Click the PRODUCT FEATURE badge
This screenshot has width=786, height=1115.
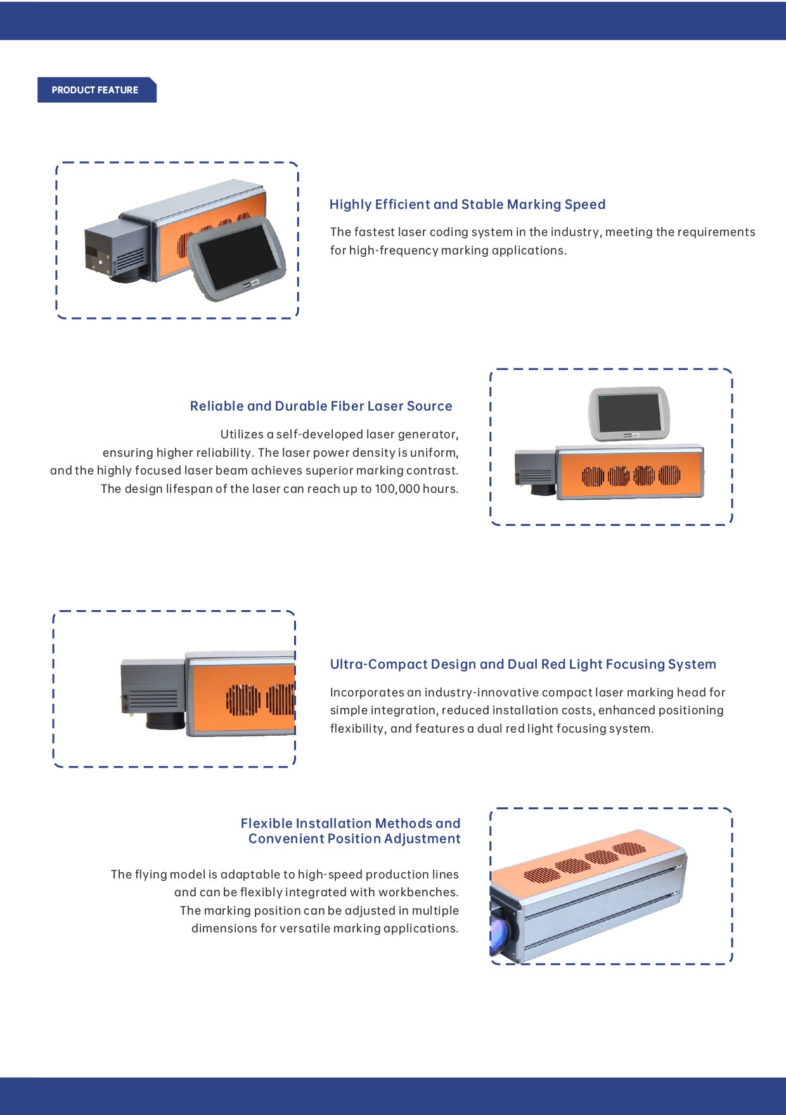click(x=95, y=90)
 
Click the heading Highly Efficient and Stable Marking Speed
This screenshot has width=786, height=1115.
click(x=467, y=204)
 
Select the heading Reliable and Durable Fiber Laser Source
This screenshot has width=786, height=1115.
click(x=321, y=406)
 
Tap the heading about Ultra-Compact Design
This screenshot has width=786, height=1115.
click(x=522, y=664)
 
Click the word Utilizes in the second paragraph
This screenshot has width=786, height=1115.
click(x=242, y=434)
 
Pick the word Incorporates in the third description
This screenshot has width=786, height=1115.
click(x=367, y=693)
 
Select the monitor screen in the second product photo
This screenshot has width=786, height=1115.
click(x=629, y=412)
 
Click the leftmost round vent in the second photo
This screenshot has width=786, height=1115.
click(x=593, y=476)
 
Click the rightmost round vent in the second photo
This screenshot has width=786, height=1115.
click(x=669, y=474)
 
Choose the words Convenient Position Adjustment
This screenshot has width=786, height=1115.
click(x=354, y=838)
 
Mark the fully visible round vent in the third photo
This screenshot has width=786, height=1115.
click(x=243, y=700)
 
